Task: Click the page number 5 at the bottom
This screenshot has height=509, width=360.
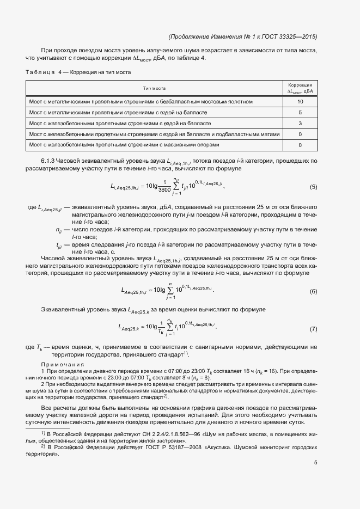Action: click(315, 463)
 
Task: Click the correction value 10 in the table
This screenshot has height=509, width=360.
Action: click(300, 102)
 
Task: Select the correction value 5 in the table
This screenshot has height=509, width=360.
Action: click(300, 113)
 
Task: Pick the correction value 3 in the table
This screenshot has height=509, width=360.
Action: click(300, 124)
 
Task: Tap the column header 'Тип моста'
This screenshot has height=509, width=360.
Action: click(154, 88)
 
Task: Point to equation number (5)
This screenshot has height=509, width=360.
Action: click(313, 187)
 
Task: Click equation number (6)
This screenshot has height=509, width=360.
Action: click(313, 292)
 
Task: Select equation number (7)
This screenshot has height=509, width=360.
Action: click(313, 329)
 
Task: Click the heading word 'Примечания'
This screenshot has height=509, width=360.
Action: click(63, 364)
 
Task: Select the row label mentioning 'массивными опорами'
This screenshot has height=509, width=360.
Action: click(124, 145)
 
